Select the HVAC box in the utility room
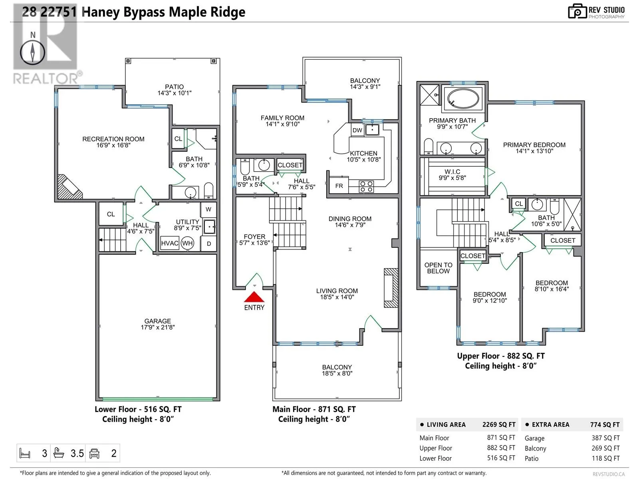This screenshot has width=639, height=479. [169, 243]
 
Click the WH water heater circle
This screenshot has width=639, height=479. [187, 243]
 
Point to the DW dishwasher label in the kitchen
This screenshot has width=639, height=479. [357, 130]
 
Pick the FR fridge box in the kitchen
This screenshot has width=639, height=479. [339, 186]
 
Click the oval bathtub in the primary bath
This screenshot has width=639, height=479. [462, 98]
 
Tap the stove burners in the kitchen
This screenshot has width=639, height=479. [366, 186]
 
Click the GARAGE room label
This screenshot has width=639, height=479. [158, 321]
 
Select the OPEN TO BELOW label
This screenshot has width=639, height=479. [438, 268]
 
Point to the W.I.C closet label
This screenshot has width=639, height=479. [452, 172]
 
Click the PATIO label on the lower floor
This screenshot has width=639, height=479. [175, 87]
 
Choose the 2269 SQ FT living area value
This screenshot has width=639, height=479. [499, 425]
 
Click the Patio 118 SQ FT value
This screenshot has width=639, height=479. [605, 458]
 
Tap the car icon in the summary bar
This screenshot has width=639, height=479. [94, 453]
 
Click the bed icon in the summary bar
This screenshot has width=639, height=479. [25, 453]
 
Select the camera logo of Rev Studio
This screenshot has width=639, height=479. [577, 11]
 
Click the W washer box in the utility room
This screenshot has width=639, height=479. [208, 210]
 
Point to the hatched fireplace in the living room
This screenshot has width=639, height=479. [391, 288]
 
